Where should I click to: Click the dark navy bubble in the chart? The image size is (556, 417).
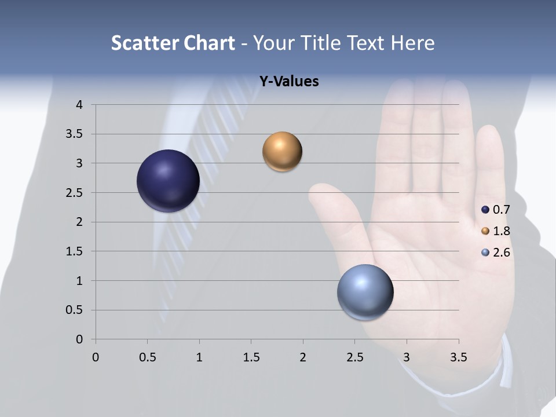pyautogui.click(x=168, y=181)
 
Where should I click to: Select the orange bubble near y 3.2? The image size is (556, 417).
pyautogui.click(x=282, y=152)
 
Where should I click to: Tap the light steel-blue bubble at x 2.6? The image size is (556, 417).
pyautogui.click(x=365, y=292)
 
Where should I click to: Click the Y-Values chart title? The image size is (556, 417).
pyautogui.click(x=288, y=82)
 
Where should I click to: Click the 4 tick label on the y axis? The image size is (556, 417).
pyautogui.click(x=79, y=105)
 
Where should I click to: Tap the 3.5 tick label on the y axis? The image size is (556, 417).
pyautogui.click(x=75, y=134)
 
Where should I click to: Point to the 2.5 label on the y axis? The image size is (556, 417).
pyautogui.click(x=75, y=193)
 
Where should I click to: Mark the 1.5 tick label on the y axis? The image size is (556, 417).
pyautogui.click(x=75, y=251)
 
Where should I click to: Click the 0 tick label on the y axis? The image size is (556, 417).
pyautogui.click(x=79, y=339)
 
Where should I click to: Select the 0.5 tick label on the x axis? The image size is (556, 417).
pyautogui.click(x=148, y=358)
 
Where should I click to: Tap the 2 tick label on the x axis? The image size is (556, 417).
pyautogui.click(x=303, y=358)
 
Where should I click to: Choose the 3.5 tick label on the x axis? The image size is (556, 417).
pyautogui.click(x=459, y=358)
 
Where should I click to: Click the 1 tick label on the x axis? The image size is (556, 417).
pyautogui.click(x=199, y=358)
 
